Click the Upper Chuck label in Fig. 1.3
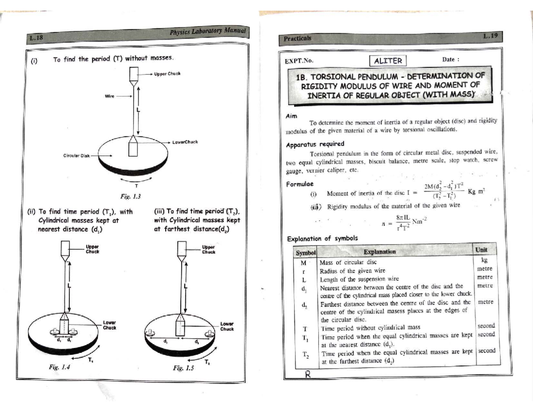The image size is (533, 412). (x=167, y=73)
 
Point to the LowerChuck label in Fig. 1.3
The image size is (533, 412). (x=185, y=142)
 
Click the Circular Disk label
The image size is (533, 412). (x=76, y=156)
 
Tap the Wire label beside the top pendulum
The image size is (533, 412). (x=110, y=95)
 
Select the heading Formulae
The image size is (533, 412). (x=300, y=183)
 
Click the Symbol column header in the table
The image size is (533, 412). (x=306, y=253)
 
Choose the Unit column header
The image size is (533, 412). (x=481, y=250)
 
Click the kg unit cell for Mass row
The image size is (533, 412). (x=484, y=260)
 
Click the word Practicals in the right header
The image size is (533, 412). (x=298, y=38)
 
